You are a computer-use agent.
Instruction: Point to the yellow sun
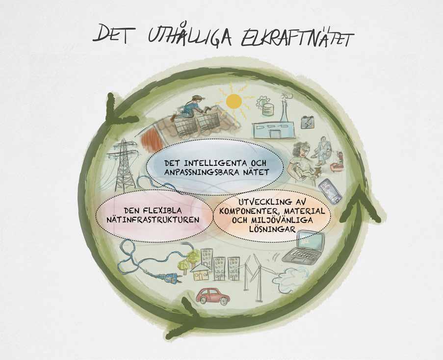234,101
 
